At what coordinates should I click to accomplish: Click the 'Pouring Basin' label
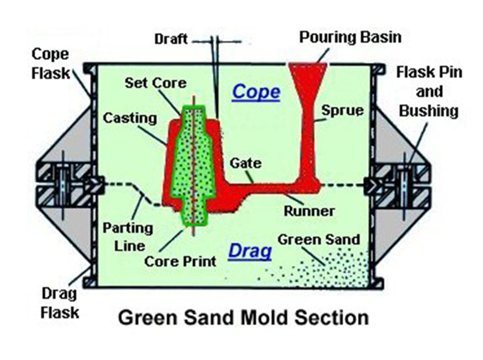pyautogui.click(x=350, y=38)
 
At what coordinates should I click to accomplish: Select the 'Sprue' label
pyautogui.click(x=342, y=110)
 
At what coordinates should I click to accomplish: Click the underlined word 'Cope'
pyautogui.click(x=256, y=92)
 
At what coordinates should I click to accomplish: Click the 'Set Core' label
pyautogui.click(x=155, y=83)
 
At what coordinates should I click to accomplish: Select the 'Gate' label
pyautogui.click(x=246, y=163)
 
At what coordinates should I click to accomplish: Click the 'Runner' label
pyautogui.click(x=309, y=211)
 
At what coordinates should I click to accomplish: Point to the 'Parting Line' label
pyautogui.click(x=127, y=237)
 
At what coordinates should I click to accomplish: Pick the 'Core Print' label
pyautogui.click(x=181, y=261)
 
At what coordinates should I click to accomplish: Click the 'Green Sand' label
pyautogui.click(x=319, y=239)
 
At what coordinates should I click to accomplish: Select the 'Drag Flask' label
pyautogui.click(x=59, y=303)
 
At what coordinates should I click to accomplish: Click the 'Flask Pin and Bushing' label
pyautogui.click(x=428, y=91)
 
